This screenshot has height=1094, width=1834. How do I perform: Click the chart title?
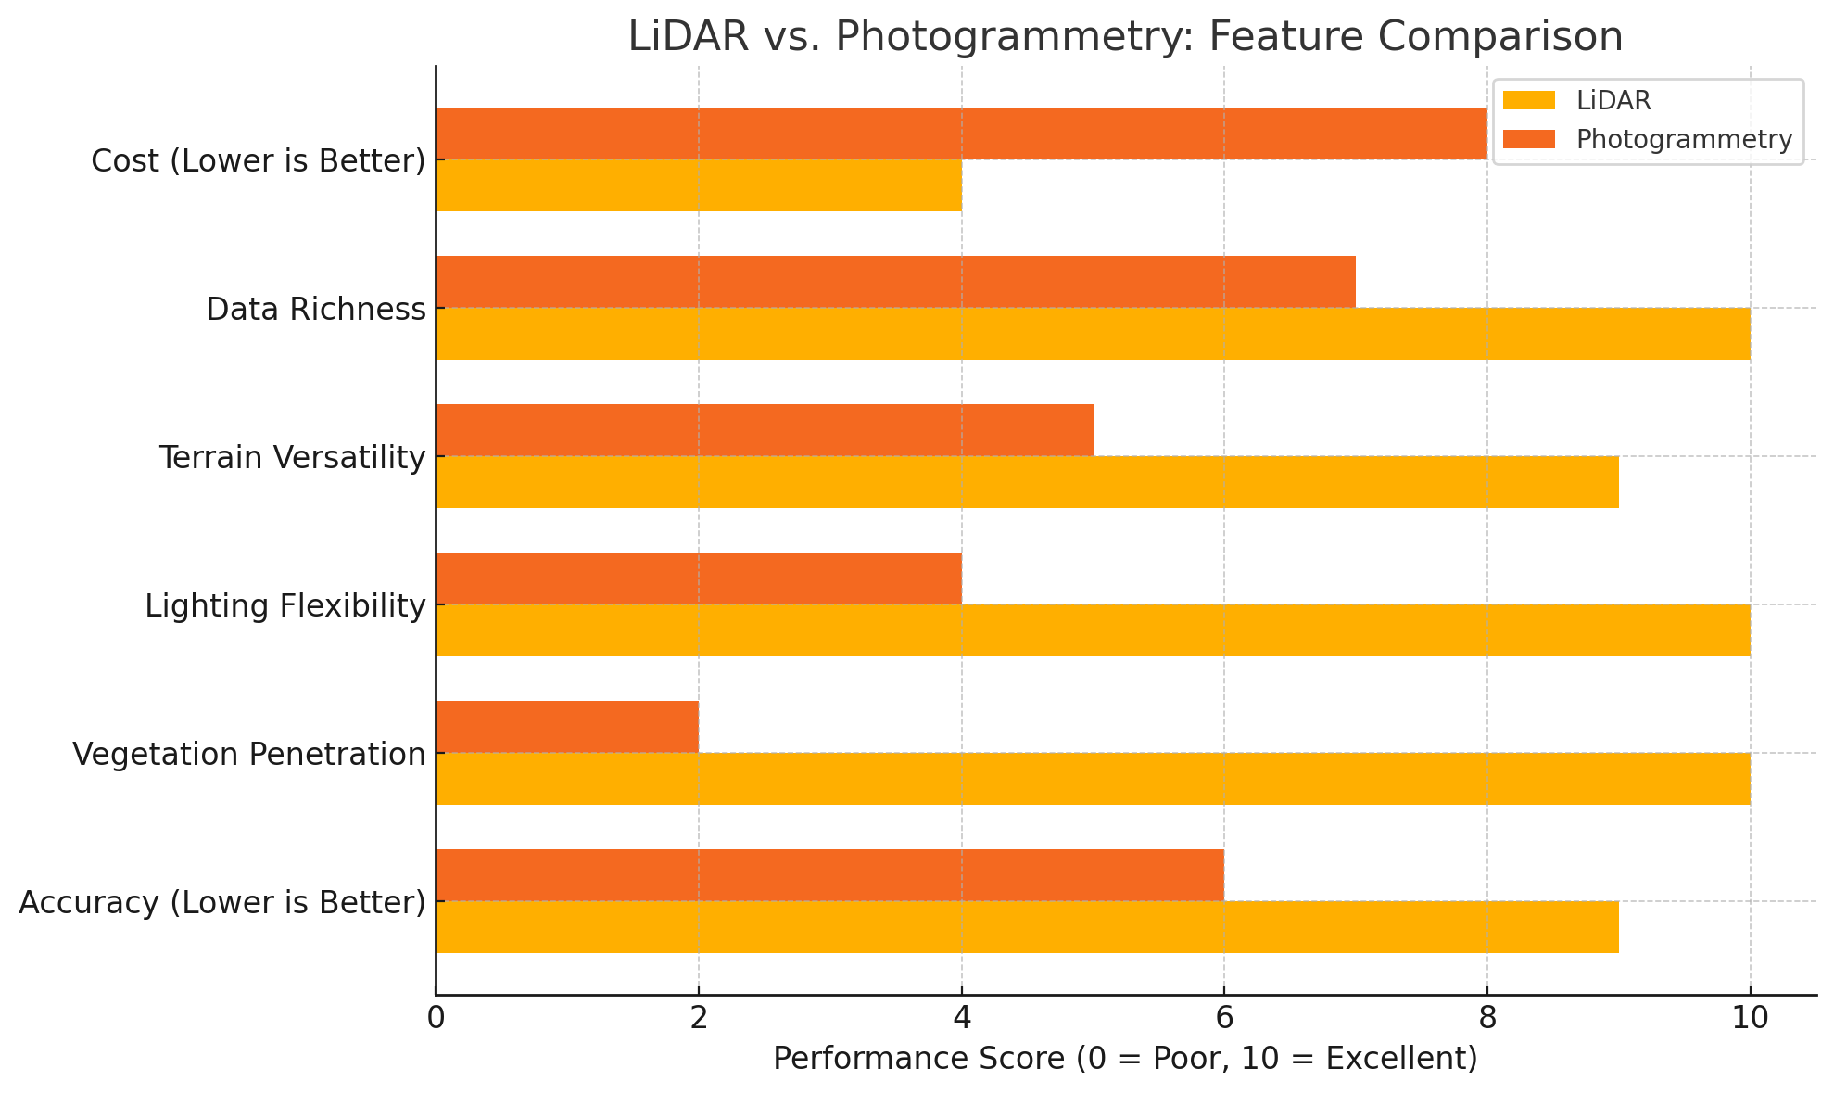coord(1125,37)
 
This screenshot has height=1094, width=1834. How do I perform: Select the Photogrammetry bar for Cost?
coord(961,134)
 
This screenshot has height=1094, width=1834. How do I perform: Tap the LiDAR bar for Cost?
coord(699,185)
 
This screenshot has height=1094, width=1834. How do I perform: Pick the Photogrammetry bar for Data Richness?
coord(895,282)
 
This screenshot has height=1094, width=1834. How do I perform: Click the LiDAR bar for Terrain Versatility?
coord(1027,482)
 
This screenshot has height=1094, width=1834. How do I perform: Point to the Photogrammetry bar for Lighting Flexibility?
coord(699,579)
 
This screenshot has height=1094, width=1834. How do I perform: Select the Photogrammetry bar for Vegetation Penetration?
coord(567,727)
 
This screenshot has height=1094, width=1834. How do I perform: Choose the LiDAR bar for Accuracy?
coord(1027,927)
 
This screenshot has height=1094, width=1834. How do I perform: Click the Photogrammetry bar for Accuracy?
coord(829,875)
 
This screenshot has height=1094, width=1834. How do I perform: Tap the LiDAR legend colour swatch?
coord(1529,100)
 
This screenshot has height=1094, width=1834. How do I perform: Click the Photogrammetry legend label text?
coord(1684,139)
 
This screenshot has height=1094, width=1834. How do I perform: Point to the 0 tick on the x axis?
coord(436,1018)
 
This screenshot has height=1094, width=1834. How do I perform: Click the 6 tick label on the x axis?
coord(1223,1018)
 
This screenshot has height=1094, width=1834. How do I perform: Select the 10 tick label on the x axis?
coord(1749,1018)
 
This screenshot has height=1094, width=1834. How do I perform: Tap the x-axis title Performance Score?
coord(1125,1058)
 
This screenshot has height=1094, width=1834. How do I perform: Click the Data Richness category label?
coord(315,309)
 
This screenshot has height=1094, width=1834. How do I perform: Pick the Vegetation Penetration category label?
coord(248,754)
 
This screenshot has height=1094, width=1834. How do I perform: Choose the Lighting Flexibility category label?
coord(285,605)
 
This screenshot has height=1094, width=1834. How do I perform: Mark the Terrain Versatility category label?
coord(292,457)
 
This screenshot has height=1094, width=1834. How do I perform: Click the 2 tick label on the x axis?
coord(698,1018)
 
